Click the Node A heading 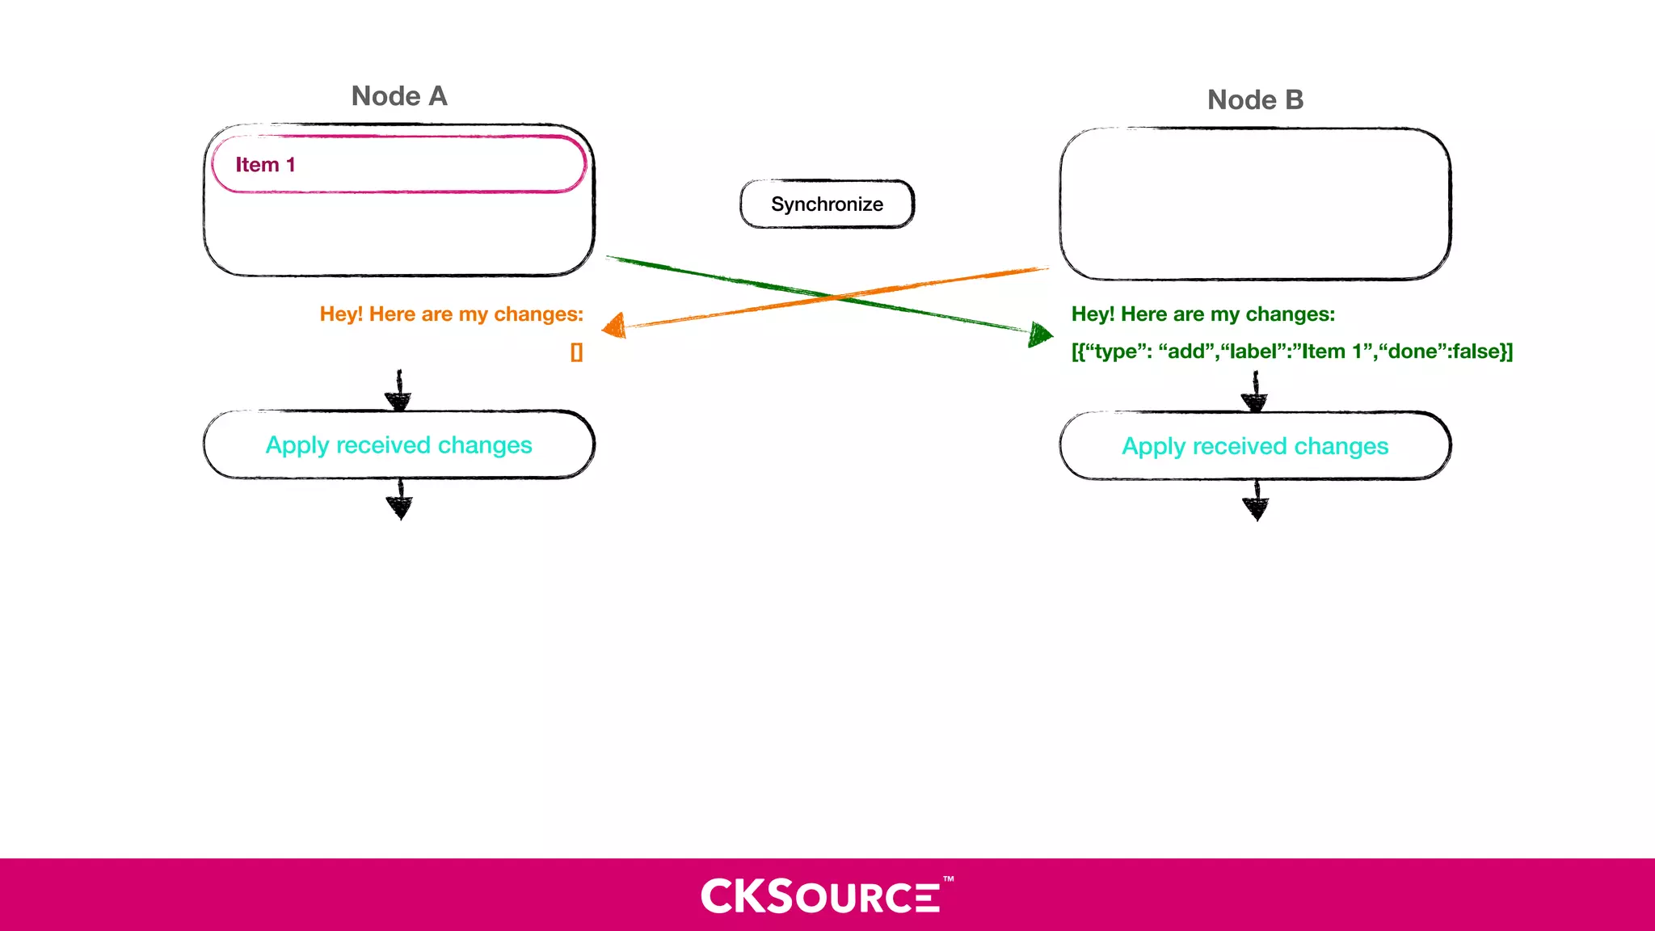tap(399, 96)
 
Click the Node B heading tap(1255, 100)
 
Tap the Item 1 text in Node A tap(265, 165)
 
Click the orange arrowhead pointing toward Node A tap(615, 326)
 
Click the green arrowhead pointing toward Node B tap(1040, 333)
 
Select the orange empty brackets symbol tap(576, 352)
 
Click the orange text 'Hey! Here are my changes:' tap(451, 314)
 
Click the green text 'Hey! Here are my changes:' tap(1202, 314)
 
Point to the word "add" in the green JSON tap(1187, 352)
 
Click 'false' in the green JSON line tap(1476, 352)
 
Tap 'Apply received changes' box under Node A tap(399, 445)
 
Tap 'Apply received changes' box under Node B tap(1255, 446)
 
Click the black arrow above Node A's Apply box tap(398, 391)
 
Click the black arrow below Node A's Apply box tap(399, 500)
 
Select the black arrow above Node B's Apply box tap(1255, 393)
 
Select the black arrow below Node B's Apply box tap(1256, 502)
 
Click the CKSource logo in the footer tap(820, 896)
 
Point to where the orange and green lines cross tap(832, 297)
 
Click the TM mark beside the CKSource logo tap(949, 878)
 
